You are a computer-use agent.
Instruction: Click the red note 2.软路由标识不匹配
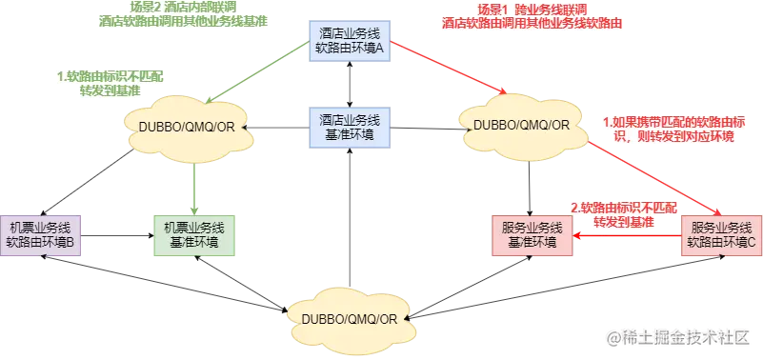(x=624, y=214)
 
